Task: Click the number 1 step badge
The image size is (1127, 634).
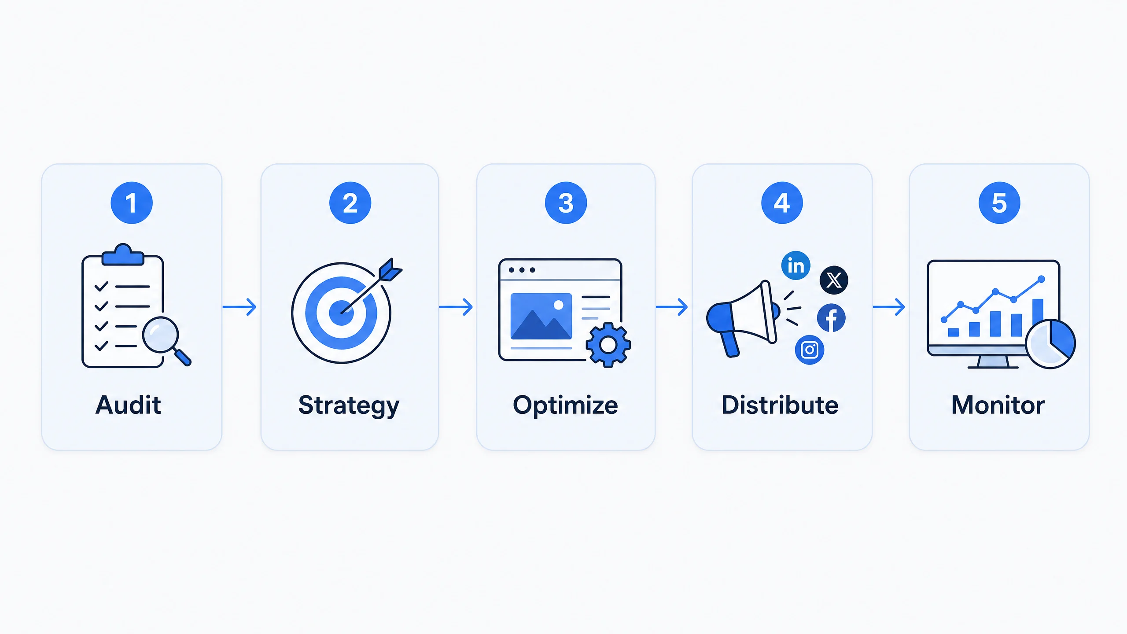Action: pos(132,203)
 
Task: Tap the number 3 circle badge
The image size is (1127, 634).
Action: pos(566,203)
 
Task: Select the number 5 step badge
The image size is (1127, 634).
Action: pos(999,203)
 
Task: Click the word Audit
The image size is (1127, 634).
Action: pos(129,405)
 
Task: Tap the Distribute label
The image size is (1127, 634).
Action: pos(780,405)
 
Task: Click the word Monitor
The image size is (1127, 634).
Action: pos(998,405)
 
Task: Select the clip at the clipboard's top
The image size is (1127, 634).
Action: pos(123,255)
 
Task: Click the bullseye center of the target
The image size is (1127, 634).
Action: pos(341,313)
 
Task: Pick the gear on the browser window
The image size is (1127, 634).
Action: pos(608,345)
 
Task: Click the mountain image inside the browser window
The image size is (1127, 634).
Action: pos(541,317)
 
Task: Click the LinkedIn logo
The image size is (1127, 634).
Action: pos(796,265)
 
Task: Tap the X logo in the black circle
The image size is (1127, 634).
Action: pos(834,280)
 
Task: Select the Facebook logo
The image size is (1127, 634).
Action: pos(831,318)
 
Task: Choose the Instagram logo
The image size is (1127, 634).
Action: pos(810,350)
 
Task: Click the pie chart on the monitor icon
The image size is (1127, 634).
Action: pos(1050,344)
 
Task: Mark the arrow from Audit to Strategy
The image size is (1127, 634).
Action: pos(239,307)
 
